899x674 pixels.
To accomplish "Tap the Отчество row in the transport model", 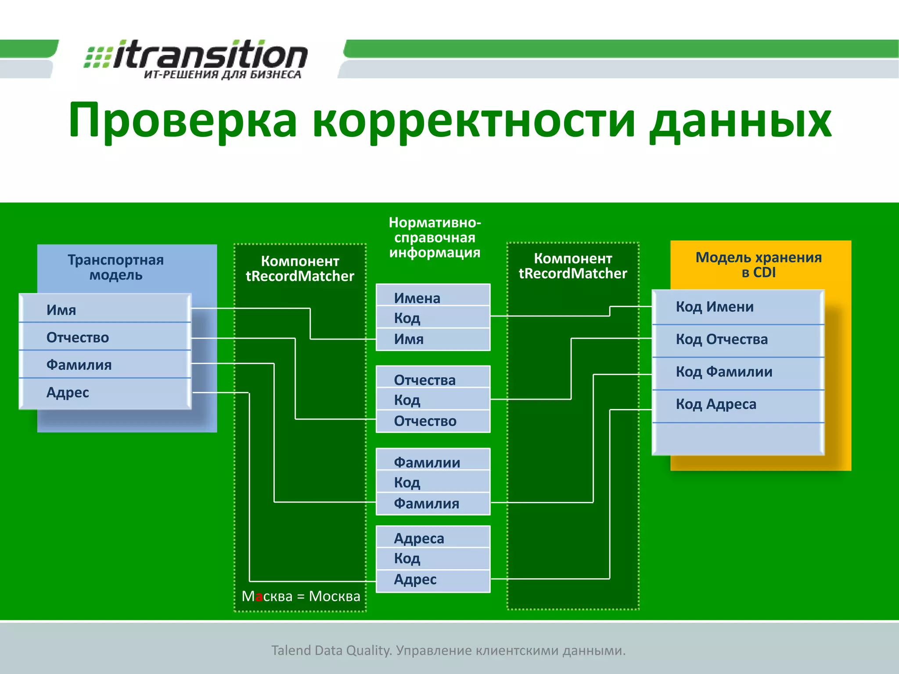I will coord(104,337).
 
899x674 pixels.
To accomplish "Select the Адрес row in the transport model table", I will coord(104,392).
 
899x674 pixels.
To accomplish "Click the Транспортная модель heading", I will coord(115,267).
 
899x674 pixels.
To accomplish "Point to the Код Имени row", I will coord(737,307).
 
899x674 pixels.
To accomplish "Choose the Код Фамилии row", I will coord(737,372).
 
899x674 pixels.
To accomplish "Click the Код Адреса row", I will coord(737,404).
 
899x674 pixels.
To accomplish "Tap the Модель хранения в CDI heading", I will coord(759,265).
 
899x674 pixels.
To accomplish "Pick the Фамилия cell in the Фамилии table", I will coord(433,503).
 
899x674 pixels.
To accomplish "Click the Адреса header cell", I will coord(433,538).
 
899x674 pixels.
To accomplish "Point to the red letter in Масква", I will coord(259,597).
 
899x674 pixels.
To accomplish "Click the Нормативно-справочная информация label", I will coord(435,237).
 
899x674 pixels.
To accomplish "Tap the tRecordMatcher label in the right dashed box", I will coord(572,273).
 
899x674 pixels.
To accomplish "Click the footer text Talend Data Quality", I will coord(331,650).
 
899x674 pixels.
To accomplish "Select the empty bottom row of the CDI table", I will coord(737,439).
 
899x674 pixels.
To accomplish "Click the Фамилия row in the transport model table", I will coord(104,365).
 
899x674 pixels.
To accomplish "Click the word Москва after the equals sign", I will coord(334,596).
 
